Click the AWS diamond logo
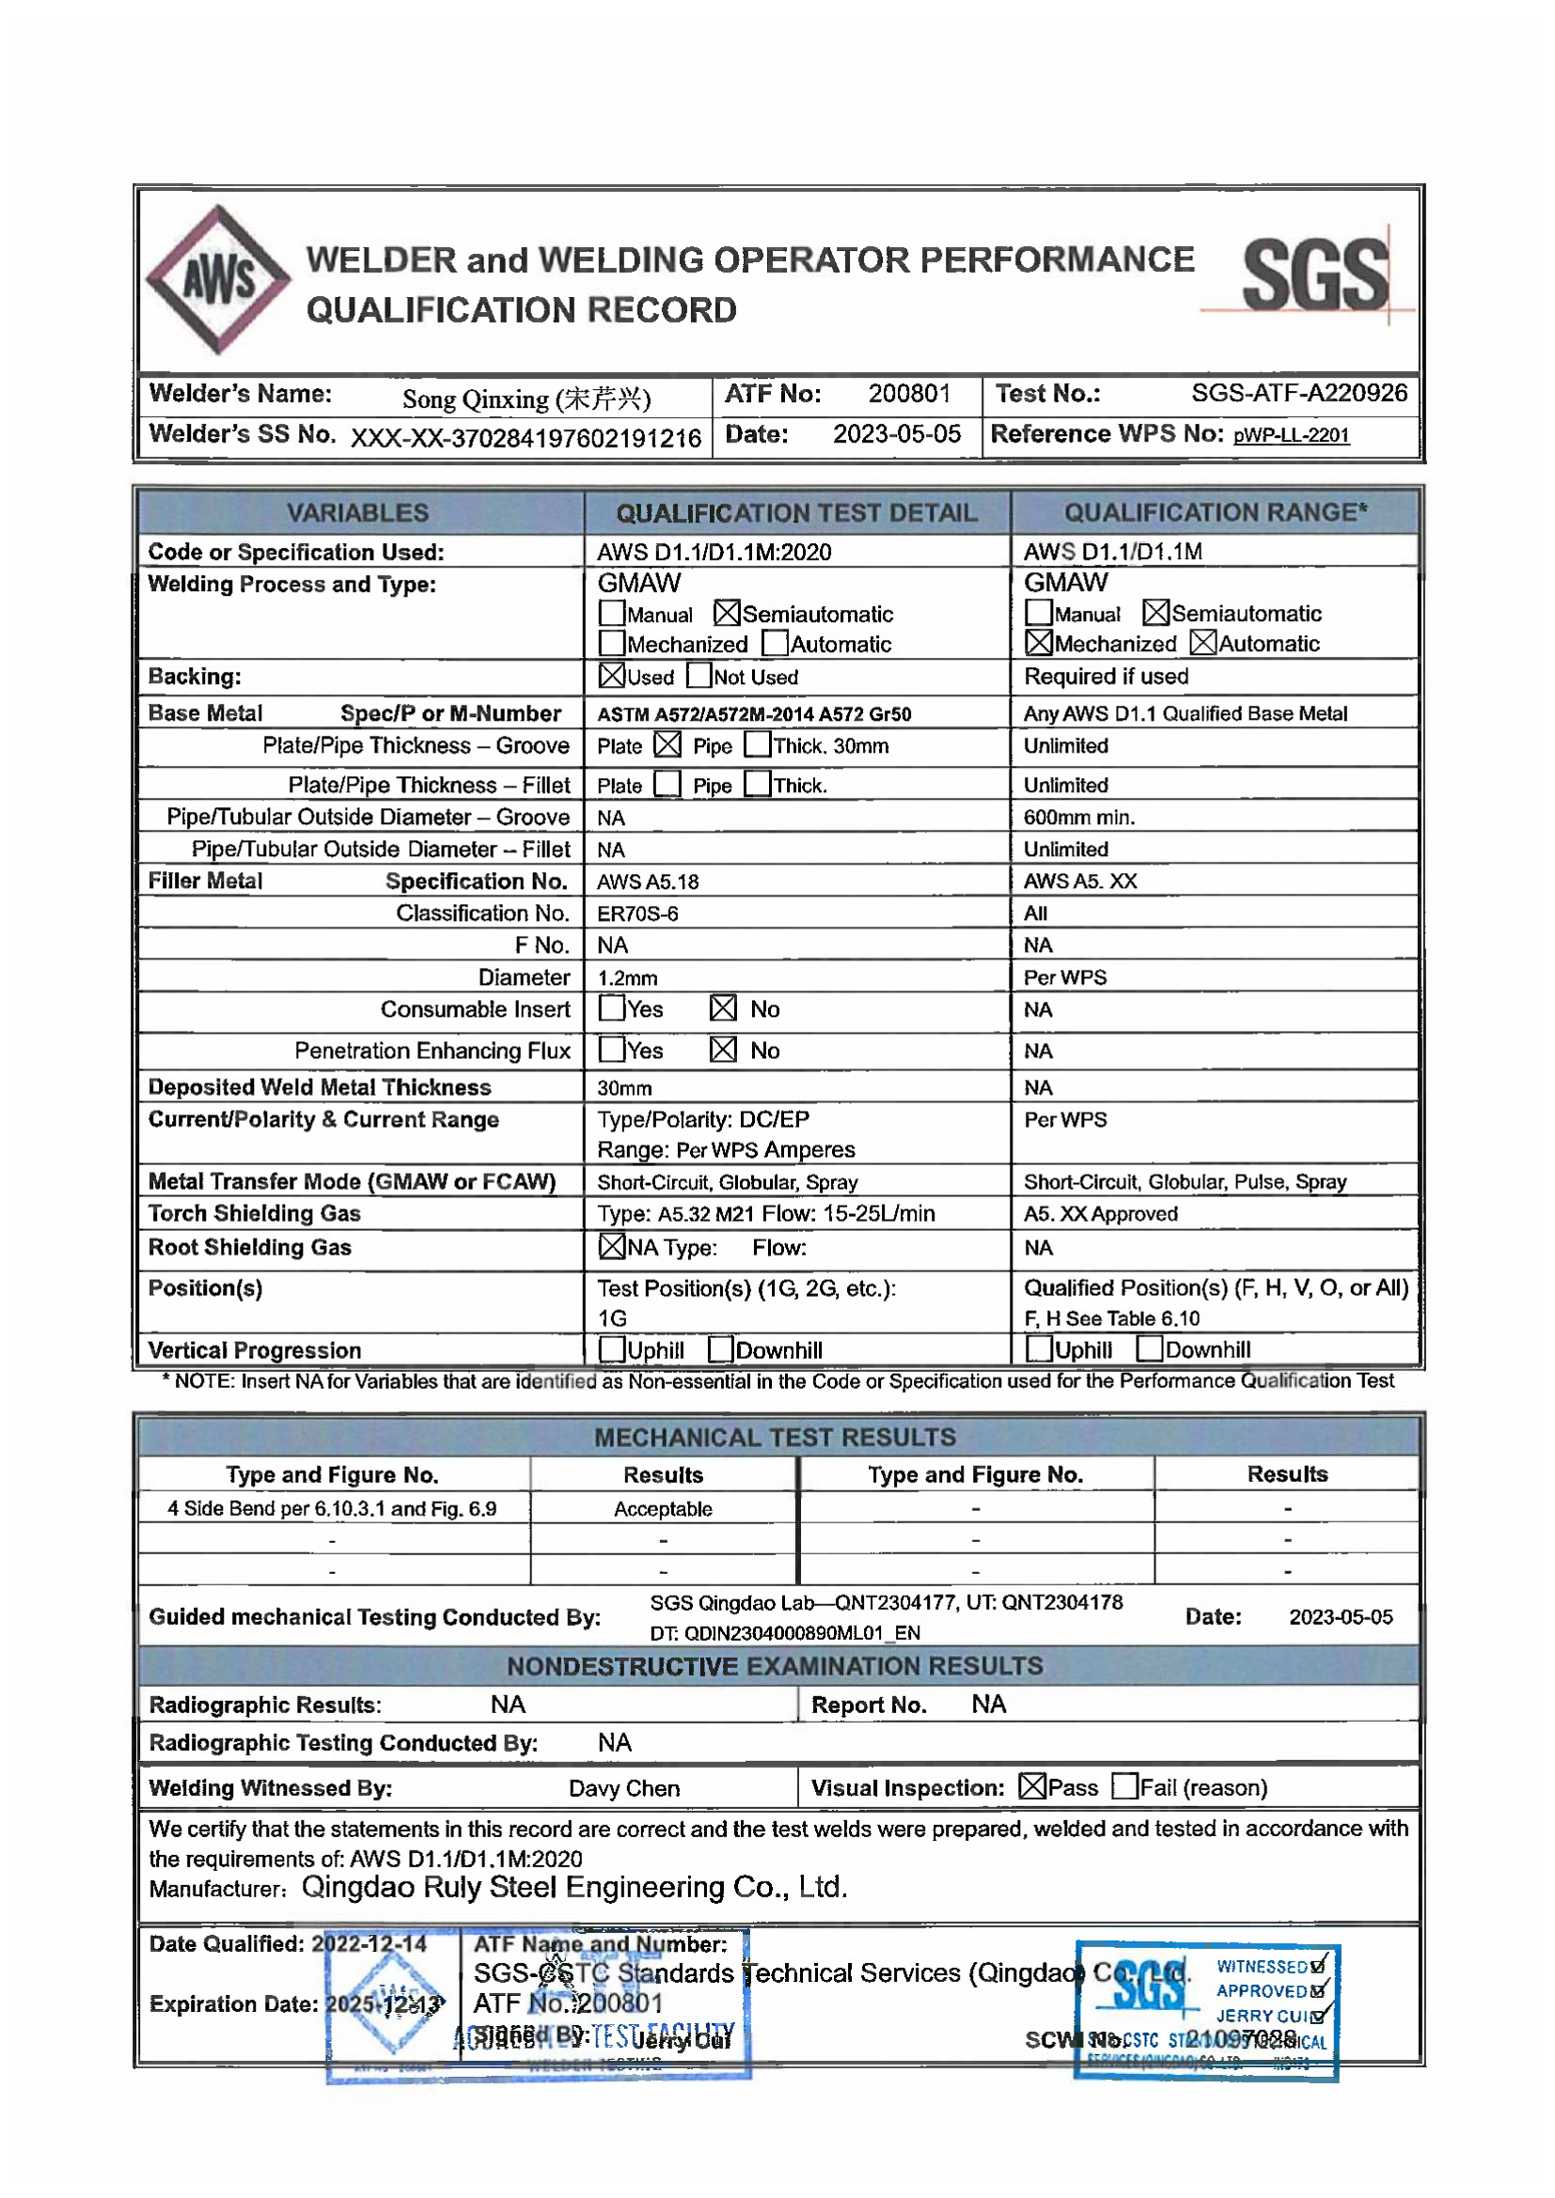tap(218, 279)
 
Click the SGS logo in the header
tap(1313, 275)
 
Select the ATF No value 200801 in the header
tap(909, 394)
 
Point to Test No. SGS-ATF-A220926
tap(1298, 394)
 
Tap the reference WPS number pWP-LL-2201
tap(1291, 436)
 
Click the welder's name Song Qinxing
tap(526, 398)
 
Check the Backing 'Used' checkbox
tap(612, 676)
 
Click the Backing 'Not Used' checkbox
tap(699, 676)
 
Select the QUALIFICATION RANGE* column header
tap(1215, 512)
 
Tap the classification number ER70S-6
tap(637, 913)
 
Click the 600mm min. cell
tap(1079, 818)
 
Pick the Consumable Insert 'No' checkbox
tap(723, 1008)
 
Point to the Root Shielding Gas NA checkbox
tap(612, 1246)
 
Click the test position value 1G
tap(612, 1318)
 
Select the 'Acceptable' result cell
tap(663, 1509)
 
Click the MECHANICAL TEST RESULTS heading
tap(775, 1437)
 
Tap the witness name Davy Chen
tap(624, 1788)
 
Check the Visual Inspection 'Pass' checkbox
tap(1031, 1786)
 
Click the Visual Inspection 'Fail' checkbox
tap(1125, 1786)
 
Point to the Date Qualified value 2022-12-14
tap(369, 1943)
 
